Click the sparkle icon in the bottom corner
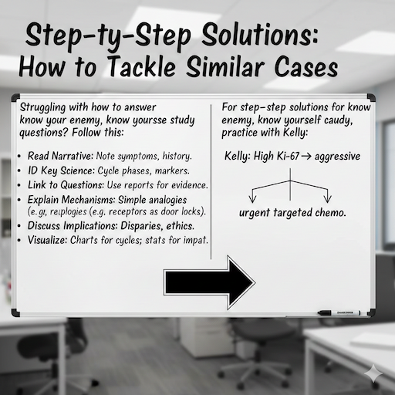click(x=376, y=370)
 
